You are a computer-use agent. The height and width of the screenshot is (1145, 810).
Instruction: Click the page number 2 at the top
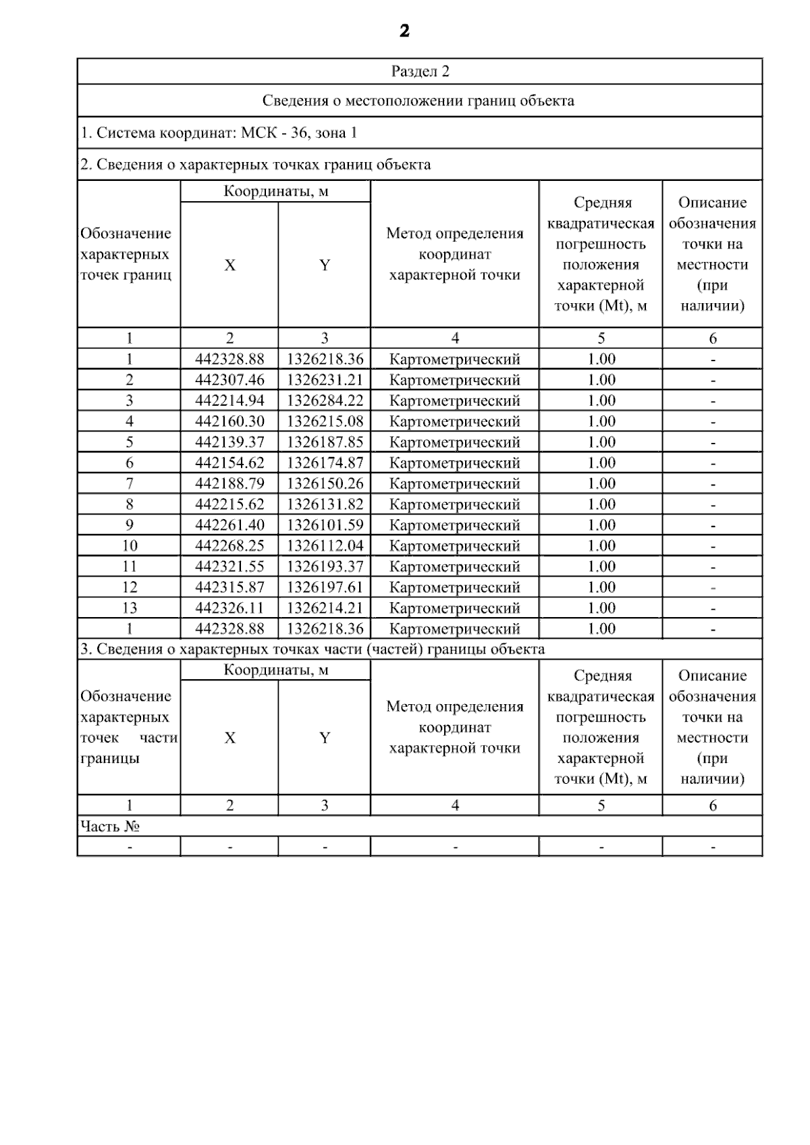click(x=404, y=31)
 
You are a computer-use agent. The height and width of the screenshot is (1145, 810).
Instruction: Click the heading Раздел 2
click(x=420, y=72)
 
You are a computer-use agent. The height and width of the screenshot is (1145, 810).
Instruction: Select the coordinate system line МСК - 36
click(x=219, y=133)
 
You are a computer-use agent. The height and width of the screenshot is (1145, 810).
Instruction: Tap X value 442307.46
click(x=230, y=380)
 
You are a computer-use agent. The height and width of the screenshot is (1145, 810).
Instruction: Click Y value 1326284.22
click(x=325, y=401)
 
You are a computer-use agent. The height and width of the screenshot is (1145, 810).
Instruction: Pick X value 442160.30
click(x=230, y=422)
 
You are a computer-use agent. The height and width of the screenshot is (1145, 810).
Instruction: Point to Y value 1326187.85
click(x=325, y=442)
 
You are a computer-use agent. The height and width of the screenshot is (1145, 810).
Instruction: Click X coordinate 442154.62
click(x=230, y=463)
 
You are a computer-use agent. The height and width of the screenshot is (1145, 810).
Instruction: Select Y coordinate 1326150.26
click(x=325, y=484)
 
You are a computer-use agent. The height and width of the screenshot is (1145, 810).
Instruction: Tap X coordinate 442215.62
click(x=230, y=505)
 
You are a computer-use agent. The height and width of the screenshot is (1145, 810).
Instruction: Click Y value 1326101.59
click(x=325, y=525)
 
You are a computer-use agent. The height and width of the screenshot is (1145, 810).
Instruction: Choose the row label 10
click(x=129, y=546)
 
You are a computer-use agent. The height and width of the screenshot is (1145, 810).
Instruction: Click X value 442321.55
click(x=230, y=567)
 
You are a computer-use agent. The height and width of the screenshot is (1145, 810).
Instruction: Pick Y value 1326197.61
click(x=325, y=587)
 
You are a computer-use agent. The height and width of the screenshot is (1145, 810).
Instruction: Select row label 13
click(x=129, y=608)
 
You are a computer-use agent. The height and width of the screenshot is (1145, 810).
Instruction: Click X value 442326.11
click(x=230, y=608)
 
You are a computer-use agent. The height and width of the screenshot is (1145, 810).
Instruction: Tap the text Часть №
click(x=110, y=826)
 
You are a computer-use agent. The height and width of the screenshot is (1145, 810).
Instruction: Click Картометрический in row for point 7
click(x=455, y=484)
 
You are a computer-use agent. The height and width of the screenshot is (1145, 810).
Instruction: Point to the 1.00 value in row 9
click(x=601, y=525)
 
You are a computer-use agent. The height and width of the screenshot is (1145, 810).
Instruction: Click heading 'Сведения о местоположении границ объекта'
click(x=418, y=101)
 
